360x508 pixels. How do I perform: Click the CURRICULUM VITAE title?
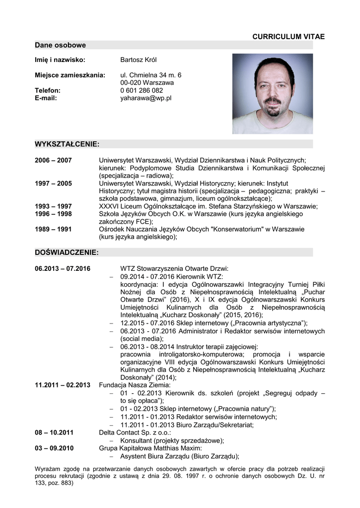288,37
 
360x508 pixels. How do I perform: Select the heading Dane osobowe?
60,45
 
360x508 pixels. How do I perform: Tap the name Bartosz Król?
138,60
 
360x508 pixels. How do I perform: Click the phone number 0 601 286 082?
142,90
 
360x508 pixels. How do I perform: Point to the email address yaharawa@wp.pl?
145,98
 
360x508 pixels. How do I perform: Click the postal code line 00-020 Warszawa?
147,82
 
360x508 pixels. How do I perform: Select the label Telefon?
48,90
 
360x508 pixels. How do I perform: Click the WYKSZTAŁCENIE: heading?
67,144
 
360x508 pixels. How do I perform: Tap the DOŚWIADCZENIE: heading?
67,253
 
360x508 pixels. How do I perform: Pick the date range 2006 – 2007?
53,160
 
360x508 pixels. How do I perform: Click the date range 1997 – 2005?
53,184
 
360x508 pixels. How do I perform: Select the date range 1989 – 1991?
53,229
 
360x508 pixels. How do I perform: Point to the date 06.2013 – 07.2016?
63,268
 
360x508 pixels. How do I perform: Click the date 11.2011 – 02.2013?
63,384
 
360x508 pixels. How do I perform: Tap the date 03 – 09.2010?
54,448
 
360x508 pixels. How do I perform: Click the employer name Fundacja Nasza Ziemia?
135,384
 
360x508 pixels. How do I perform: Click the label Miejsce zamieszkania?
70,75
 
